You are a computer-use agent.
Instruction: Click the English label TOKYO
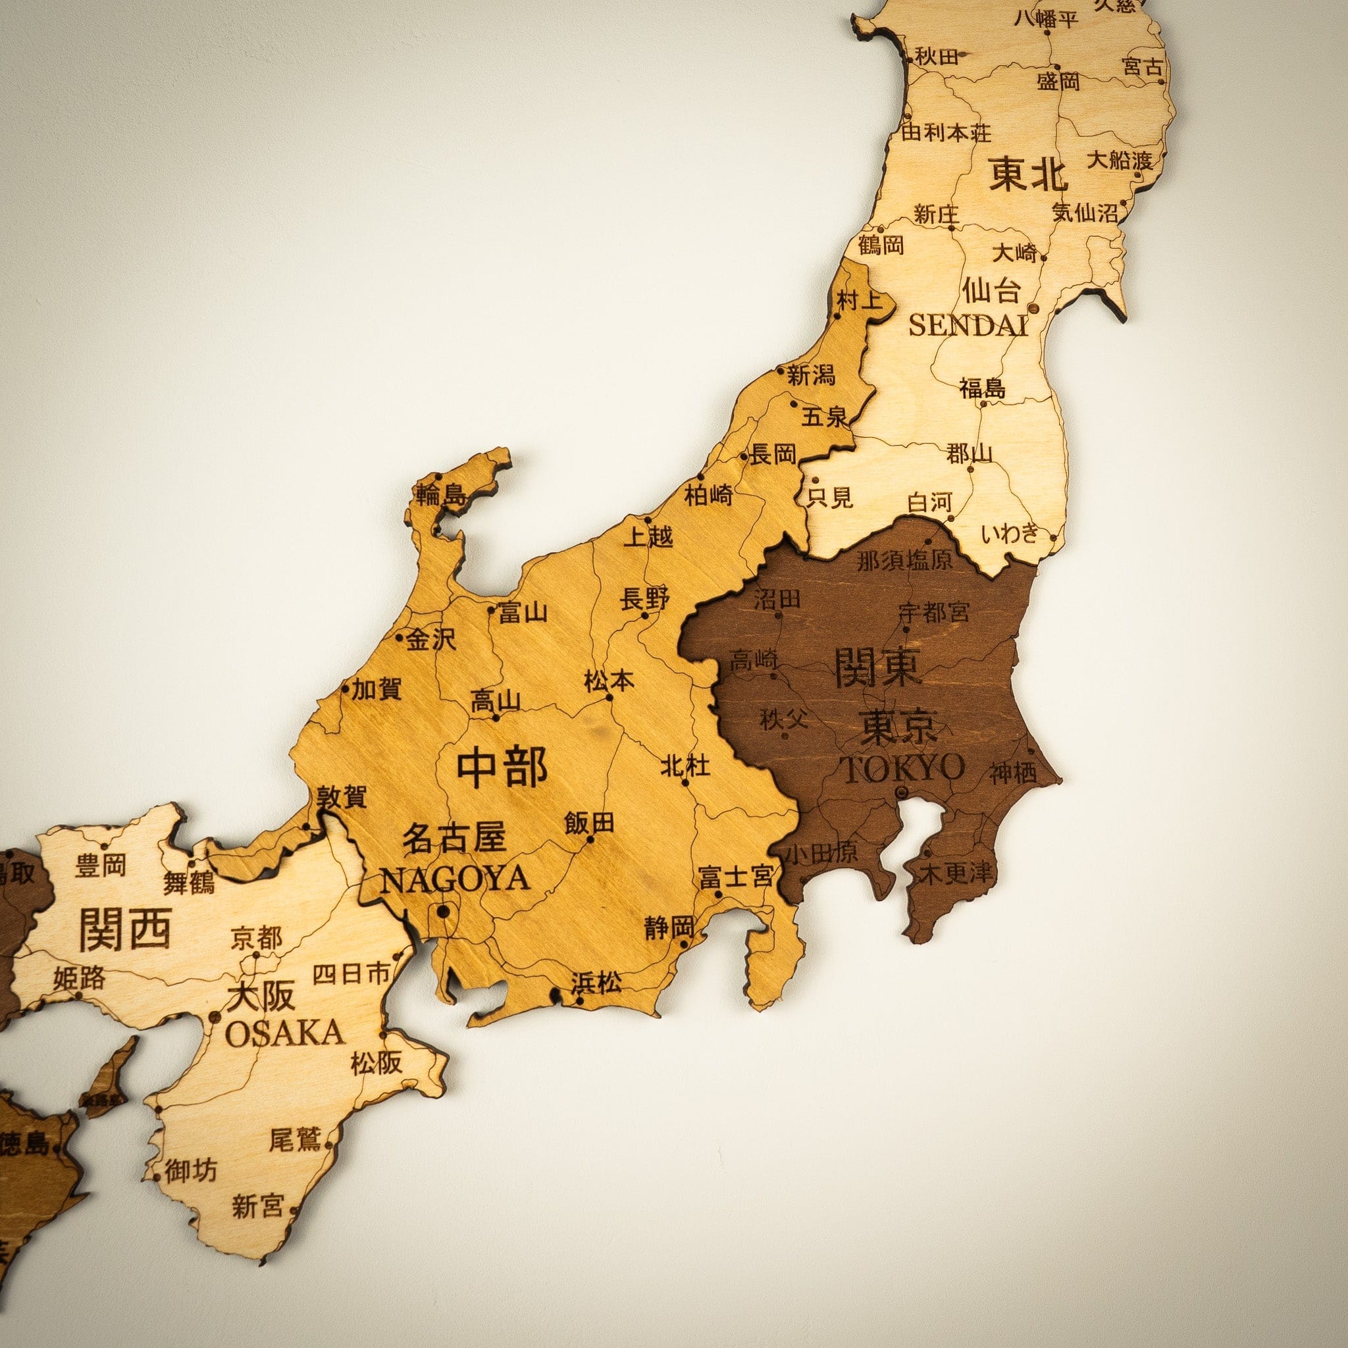pos(905,768)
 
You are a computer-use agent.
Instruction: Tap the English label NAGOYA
pos(454,879)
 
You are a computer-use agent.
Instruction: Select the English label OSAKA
pos(284,1032)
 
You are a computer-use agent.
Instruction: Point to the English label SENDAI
pos(968,324)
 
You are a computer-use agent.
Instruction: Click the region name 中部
pos(502,767)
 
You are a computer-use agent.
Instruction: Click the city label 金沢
pos(430,639)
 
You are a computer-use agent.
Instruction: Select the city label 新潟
pos(811,376)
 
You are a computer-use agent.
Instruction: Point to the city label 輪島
pos(440,496)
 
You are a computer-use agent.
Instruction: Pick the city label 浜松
pos(595,984)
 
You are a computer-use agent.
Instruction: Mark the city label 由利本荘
pos(945,131)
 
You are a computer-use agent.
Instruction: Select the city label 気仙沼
pos(1085,212)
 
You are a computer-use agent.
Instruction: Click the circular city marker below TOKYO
pos(900,791)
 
